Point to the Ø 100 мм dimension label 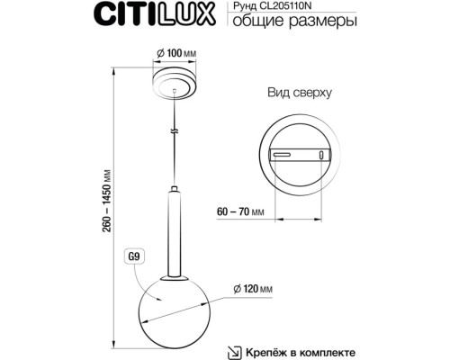point(175,57)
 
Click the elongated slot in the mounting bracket point(285,155)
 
